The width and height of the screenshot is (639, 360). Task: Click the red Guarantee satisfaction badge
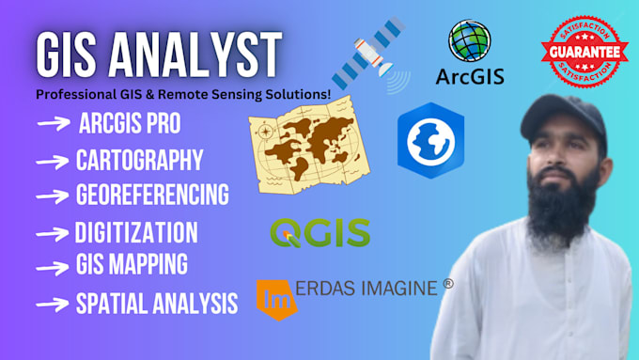[x=584, y=47]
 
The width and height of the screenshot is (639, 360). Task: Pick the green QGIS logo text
[x=319, y=231]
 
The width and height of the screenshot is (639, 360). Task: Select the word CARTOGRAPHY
[x=139, y=161]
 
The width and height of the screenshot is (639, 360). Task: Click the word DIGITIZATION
[x=135, y=232]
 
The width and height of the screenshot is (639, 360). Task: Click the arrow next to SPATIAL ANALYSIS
[x=52, y=303]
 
